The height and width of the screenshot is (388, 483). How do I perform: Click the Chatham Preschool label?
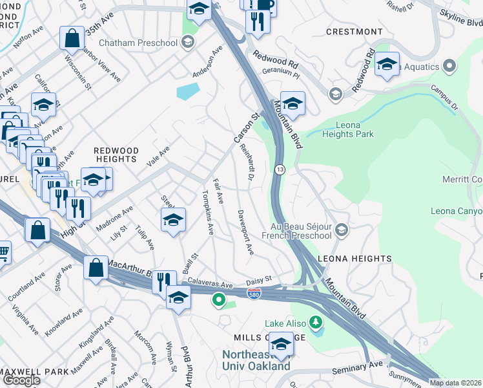(x=150, y=43)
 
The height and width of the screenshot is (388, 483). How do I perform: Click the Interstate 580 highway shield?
(x=254, y=294)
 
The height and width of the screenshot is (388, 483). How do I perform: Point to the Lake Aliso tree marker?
(x=316, y=321)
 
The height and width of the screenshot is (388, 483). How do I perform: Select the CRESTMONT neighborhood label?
(x=355, y=32)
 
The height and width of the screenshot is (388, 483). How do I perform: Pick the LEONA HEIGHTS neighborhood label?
(x=355, y=259)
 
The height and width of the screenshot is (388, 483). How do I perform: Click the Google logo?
(x=21, y=380)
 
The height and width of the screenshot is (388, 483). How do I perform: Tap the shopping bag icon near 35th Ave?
(x=72, y=38)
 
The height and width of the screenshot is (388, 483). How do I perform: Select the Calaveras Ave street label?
(x=210, y=285)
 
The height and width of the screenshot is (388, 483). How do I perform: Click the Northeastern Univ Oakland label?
(x=256, y=360)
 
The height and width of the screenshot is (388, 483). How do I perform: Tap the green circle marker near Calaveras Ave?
(x=219, y=299)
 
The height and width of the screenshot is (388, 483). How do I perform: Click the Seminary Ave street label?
(x=357, y=370)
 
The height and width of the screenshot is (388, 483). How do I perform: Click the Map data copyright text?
(x=455, y=383)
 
